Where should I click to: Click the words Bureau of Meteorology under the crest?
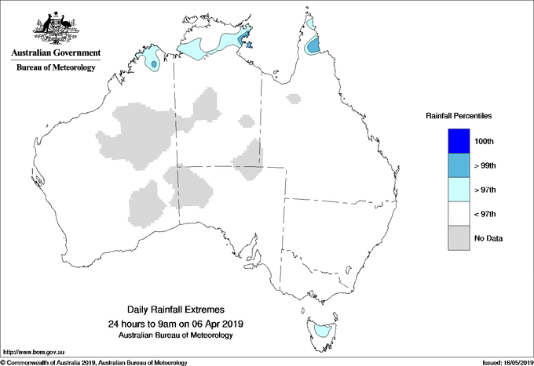(x=56, y=68)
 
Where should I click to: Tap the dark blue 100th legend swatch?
(x=454, y=141)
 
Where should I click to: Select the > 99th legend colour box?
(x=454, y=165)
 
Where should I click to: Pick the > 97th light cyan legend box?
(x=454, y=190)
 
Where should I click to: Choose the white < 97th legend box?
(x=454, y=214)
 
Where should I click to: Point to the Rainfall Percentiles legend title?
(x=459, y=116)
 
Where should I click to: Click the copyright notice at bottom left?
(x=94, y=362)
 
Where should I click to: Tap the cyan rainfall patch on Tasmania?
(x=320, y=332)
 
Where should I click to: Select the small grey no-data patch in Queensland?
(x=294, y=99)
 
